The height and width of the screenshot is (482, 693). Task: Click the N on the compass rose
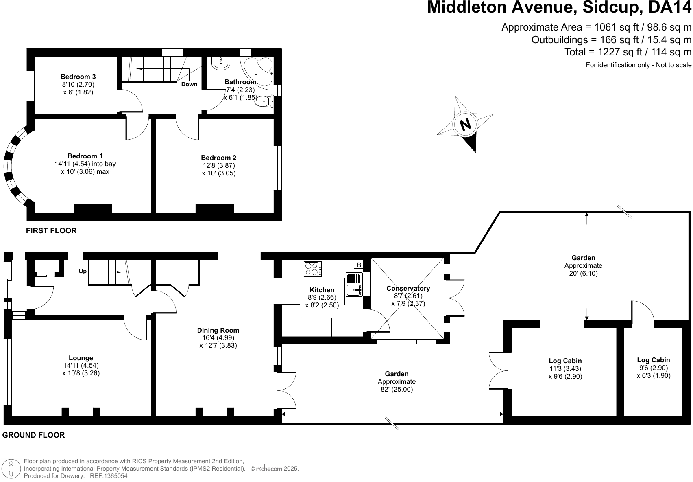click(x=465, y=125)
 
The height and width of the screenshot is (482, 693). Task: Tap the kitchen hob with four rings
click(x=313, y=269)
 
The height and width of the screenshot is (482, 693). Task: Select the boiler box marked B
click(x=358, y=265)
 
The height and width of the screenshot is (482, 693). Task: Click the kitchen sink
click(x=354, y=285)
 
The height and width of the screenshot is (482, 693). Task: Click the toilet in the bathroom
click(x=264, y=101)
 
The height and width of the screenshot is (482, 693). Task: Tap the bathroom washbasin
click(x=221, y=64)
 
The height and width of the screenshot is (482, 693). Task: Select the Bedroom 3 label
click(x=78, y=77)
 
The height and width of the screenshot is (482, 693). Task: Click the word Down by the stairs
click(x=189, y=84)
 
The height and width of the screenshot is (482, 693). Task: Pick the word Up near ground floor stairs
click(x=83, y=272)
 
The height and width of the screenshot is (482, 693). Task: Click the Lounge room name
click(x=81, y=358)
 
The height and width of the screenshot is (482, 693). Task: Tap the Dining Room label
click(x=218, y=330)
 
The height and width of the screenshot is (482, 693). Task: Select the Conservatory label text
click(x=408, y=288)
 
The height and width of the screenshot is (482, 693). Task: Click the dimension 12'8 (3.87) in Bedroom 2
click(x=219, y=165)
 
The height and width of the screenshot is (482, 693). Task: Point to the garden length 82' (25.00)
click(x=397, y=389)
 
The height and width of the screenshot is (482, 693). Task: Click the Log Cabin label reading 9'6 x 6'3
click(x=654, y=360)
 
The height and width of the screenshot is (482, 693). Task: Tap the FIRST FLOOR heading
click(x=51, y=231)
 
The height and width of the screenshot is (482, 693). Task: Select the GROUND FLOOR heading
click(x=33, y=435)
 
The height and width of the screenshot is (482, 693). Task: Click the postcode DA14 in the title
click(x=669, y=7)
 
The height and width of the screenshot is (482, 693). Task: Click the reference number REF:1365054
click(x=109, y=476)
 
